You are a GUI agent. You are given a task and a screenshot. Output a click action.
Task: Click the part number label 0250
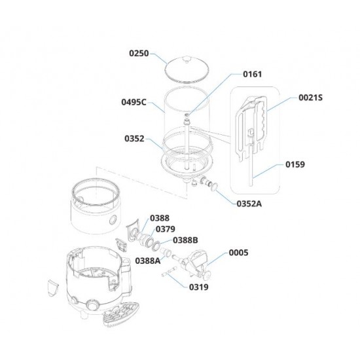[x=139, y=53]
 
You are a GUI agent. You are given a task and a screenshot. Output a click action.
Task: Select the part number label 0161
[x=252, y=74]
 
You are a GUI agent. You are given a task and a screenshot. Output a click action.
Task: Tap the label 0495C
[x=134, y=102]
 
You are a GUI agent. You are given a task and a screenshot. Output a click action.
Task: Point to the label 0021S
[x=310, y=98]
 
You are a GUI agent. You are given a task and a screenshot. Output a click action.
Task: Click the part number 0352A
[x=249, y=204]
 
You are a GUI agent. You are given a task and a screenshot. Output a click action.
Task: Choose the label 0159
[x=295, y=164]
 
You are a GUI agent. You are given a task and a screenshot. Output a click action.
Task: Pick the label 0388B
[x=185, y=240]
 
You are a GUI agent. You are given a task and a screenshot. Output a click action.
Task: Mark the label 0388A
[x=148, y=261]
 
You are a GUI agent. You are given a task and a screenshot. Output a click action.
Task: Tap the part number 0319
[x=199, y=287]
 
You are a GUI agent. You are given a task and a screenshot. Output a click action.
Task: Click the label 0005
[x=238, y=253]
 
